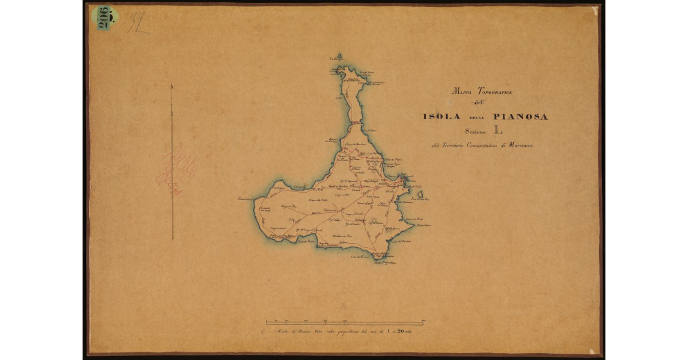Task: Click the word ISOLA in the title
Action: click(441, 117)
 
